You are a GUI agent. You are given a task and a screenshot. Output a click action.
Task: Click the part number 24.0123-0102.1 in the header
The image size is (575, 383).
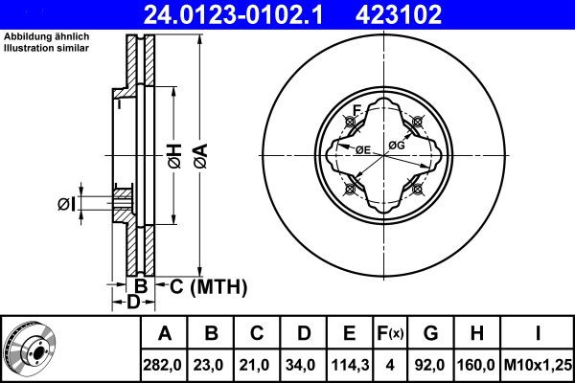pyautogui.click(x=234, y=14)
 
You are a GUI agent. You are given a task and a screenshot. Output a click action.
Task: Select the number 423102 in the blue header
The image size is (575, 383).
pyautogui.click(x=399, y=14)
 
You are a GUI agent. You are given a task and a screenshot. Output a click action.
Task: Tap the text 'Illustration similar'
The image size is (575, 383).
pyautogui.click(x=46, y=48)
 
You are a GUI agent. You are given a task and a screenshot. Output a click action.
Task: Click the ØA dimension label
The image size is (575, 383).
pyautogui.click(x=201, y=156)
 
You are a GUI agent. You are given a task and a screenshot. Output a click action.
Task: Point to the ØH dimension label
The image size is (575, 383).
pyautogui.click(x=175, y=156)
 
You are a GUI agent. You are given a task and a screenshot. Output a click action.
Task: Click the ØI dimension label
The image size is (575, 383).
pyautogui.click(x=66, y=204)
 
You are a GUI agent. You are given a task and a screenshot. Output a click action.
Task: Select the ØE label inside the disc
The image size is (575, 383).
pyautogui.click(x=363, y=149)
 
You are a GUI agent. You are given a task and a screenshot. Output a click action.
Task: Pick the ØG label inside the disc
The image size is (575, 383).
pyautogui.click(x=397, y=146)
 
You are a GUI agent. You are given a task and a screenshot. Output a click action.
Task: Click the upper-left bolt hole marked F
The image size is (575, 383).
pyautogui.click(x=350, y=122)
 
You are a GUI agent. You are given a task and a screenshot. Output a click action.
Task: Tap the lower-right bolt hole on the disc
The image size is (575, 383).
pyautogui.click(x=417, y=190)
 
